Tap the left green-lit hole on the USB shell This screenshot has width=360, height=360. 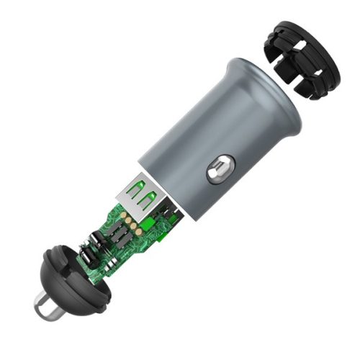pyautogui.click(x=133, y=194)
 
